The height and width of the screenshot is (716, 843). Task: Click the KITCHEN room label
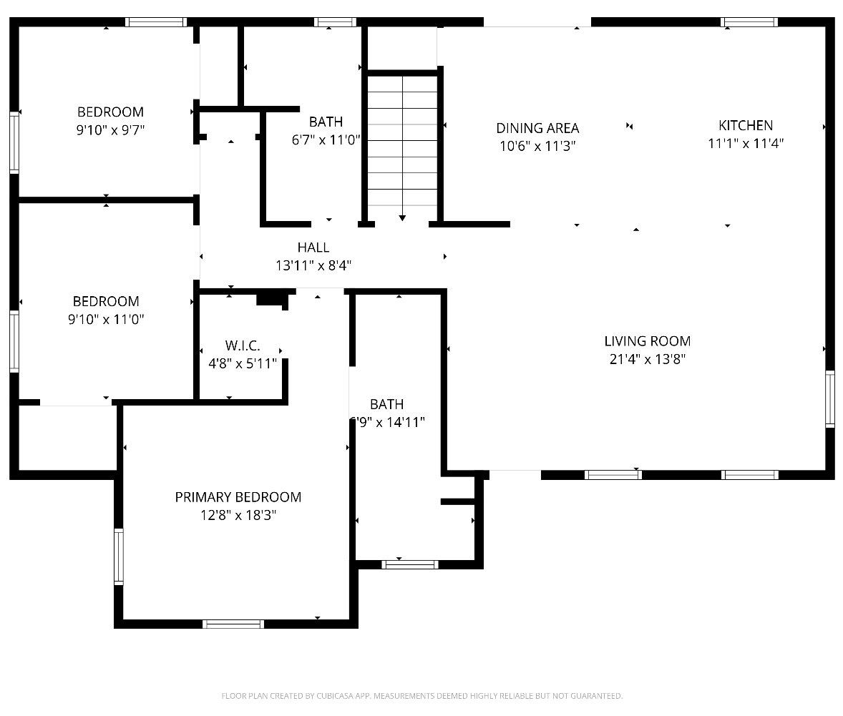click(746, 125)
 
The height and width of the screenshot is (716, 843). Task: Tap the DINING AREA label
click(537, 128)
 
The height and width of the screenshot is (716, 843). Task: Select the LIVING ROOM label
click(648, 340)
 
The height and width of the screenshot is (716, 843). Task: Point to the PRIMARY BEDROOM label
click(238, 496)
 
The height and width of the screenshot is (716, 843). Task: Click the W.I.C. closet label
click(243, 345)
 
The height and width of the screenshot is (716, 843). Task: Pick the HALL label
click(313, 247)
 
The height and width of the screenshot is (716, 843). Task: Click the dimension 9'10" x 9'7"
click(110, 129)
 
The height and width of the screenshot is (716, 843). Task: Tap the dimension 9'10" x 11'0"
click(106, 319)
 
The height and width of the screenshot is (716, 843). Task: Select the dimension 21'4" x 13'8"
click(648, 358)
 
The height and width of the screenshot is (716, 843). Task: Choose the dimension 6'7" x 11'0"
click(326, 139)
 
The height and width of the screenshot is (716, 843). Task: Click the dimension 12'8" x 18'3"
click(238, 515)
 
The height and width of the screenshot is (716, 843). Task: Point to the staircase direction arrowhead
click(402, 217)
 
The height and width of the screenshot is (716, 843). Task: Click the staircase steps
click(402, 141)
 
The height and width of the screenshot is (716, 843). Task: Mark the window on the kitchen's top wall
click(749, 22)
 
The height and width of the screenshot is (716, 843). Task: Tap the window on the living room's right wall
click(830, 399)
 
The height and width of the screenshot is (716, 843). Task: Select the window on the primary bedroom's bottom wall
click(233, 624)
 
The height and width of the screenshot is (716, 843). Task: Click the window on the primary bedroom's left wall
click(119, 556)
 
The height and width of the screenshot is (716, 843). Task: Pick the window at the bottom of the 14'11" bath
click(409, 564)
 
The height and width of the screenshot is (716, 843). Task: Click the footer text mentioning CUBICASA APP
click(422, 696)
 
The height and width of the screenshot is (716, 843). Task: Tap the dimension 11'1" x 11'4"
click(746, 143)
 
